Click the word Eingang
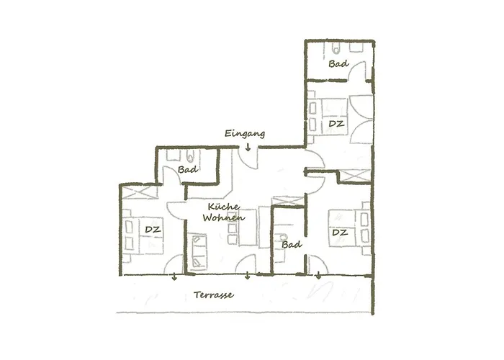245,134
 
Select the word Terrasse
214,295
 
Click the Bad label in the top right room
338,65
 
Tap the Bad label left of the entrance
188,170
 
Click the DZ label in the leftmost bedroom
151,230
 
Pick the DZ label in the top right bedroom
336,124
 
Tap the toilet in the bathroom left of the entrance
189,156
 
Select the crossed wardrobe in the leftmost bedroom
136,193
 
